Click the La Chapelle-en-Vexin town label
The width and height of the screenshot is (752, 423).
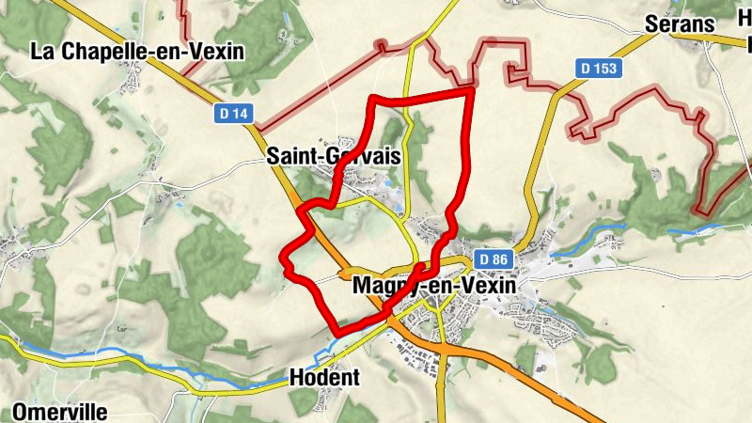click(137, 51)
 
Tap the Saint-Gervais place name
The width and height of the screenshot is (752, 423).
click(334, 156)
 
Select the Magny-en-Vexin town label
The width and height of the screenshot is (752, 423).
click(432, 285)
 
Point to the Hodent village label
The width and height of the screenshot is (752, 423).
click(325, 377)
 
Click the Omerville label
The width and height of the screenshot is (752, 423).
click(60, 412)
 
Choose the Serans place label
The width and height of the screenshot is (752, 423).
click(681, 24)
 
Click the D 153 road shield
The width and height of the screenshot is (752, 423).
click(598, 68)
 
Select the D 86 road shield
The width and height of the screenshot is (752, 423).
click(493, 258)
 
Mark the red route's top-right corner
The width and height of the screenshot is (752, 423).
click(470, 90)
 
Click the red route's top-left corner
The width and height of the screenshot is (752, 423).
click(372, 98)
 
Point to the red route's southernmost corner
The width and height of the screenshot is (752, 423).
click(337, 332)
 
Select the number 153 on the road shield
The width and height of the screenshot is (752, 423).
click(604, 68)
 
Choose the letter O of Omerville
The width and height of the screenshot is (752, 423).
click(21, 412)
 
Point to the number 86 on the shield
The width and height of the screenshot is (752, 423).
click(498, 258)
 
